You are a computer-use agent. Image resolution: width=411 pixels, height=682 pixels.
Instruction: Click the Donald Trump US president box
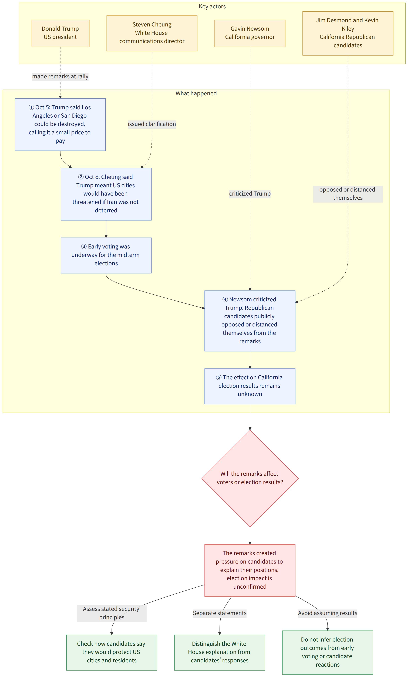pos(60,33)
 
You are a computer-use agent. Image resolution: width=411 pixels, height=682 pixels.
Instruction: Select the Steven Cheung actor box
pos(152,33)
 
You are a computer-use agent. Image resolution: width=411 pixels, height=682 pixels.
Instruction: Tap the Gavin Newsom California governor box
pos(250,33)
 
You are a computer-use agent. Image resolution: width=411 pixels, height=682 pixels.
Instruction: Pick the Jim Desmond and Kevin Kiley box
pos(348,33)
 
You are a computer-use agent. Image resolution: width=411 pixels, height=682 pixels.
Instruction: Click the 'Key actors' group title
pos(212,6)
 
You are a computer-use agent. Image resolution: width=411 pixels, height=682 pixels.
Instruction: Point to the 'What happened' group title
pos(196,93)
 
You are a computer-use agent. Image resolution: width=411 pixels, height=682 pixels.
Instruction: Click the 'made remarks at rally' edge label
pos(60,76)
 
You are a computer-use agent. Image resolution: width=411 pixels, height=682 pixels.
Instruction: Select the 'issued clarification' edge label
pos(152,124)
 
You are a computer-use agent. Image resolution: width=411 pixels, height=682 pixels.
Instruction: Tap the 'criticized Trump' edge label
pos(250,193)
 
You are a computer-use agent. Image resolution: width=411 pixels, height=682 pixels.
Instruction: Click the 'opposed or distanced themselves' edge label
pos(348,194)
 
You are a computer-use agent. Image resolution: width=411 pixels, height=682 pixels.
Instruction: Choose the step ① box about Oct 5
pos(60,125)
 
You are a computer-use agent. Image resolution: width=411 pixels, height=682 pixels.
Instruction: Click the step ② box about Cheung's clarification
pos(106,194)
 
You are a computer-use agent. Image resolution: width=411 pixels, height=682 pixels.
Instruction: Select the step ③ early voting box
pos(106,255)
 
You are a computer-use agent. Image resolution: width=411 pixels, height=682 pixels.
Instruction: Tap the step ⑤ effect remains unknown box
pos(250,386)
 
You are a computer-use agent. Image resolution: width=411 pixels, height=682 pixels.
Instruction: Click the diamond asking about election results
pos(250,478)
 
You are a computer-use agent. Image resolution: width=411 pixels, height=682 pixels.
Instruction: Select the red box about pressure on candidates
pos(250,570)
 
